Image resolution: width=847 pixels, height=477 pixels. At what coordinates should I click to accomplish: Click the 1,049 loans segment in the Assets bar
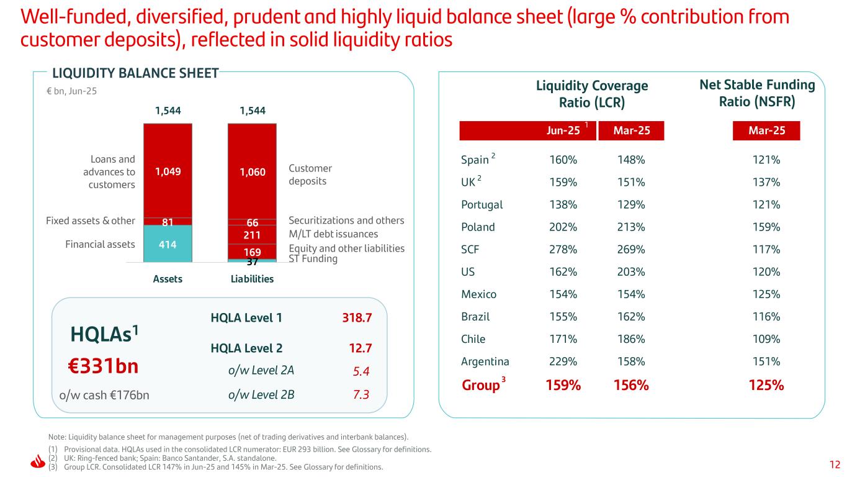tap(168, 171)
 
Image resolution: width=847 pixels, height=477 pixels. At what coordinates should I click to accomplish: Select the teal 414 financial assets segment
tap(168, 244)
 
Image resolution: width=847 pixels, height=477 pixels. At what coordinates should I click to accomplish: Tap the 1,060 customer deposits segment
tap(251, 171)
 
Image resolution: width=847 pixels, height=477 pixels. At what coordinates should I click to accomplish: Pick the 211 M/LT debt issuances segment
tap(251, 235)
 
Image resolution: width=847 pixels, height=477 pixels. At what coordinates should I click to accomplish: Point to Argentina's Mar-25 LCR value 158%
tap(631, 361)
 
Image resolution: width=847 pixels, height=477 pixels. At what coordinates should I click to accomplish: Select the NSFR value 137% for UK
tap(767, 183)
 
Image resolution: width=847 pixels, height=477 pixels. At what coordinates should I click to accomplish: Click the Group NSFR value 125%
tap(767, 385)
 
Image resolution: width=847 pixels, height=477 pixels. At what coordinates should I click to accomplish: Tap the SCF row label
tap(470, 250)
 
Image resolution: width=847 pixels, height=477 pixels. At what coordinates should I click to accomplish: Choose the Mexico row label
tap(478, 294)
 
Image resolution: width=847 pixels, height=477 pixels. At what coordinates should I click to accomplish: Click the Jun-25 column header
tap(563, 130)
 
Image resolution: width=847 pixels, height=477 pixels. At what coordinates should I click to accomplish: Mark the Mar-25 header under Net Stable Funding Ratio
tap(767, 130)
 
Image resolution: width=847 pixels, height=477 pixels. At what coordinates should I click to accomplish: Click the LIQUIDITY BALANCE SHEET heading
tap(135, 73)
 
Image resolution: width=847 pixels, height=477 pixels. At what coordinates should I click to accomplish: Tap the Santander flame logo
tap(37, 463)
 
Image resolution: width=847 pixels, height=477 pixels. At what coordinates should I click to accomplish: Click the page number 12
tap(835, 464)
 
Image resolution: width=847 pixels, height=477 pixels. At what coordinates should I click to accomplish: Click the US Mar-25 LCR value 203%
tap(631, 272)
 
